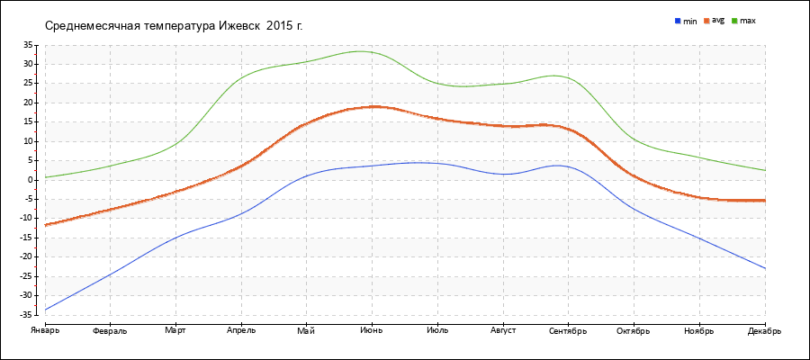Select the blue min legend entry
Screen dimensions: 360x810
coord(685,20)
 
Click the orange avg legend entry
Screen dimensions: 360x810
coord(715,20)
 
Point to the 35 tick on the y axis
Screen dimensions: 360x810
coord(27,44)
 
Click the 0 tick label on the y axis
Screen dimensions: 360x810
coord(30,180)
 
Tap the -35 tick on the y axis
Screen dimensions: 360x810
coord(25,314)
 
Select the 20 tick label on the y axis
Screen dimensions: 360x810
coord(27,103)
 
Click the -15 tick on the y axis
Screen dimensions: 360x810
coord(25,238)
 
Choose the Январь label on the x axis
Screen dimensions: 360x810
coord(45,330)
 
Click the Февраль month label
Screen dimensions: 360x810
coord(110,330)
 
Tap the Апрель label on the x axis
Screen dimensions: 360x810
coord(241,330)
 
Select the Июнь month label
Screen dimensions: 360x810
coord(372,330)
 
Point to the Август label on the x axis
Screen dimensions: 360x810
coord(502,330)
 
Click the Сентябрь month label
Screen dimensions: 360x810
coord(568,330)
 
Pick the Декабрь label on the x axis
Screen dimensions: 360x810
coord(764,330)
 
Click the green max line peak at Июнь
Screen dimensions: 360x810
coord(364,51)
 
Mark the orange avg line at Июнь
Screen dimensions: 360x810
coord(372,106)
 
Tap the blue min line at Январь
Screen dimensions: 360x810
coord(46,310)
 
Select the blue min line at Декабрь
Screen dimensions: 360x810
coord(764,268)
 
